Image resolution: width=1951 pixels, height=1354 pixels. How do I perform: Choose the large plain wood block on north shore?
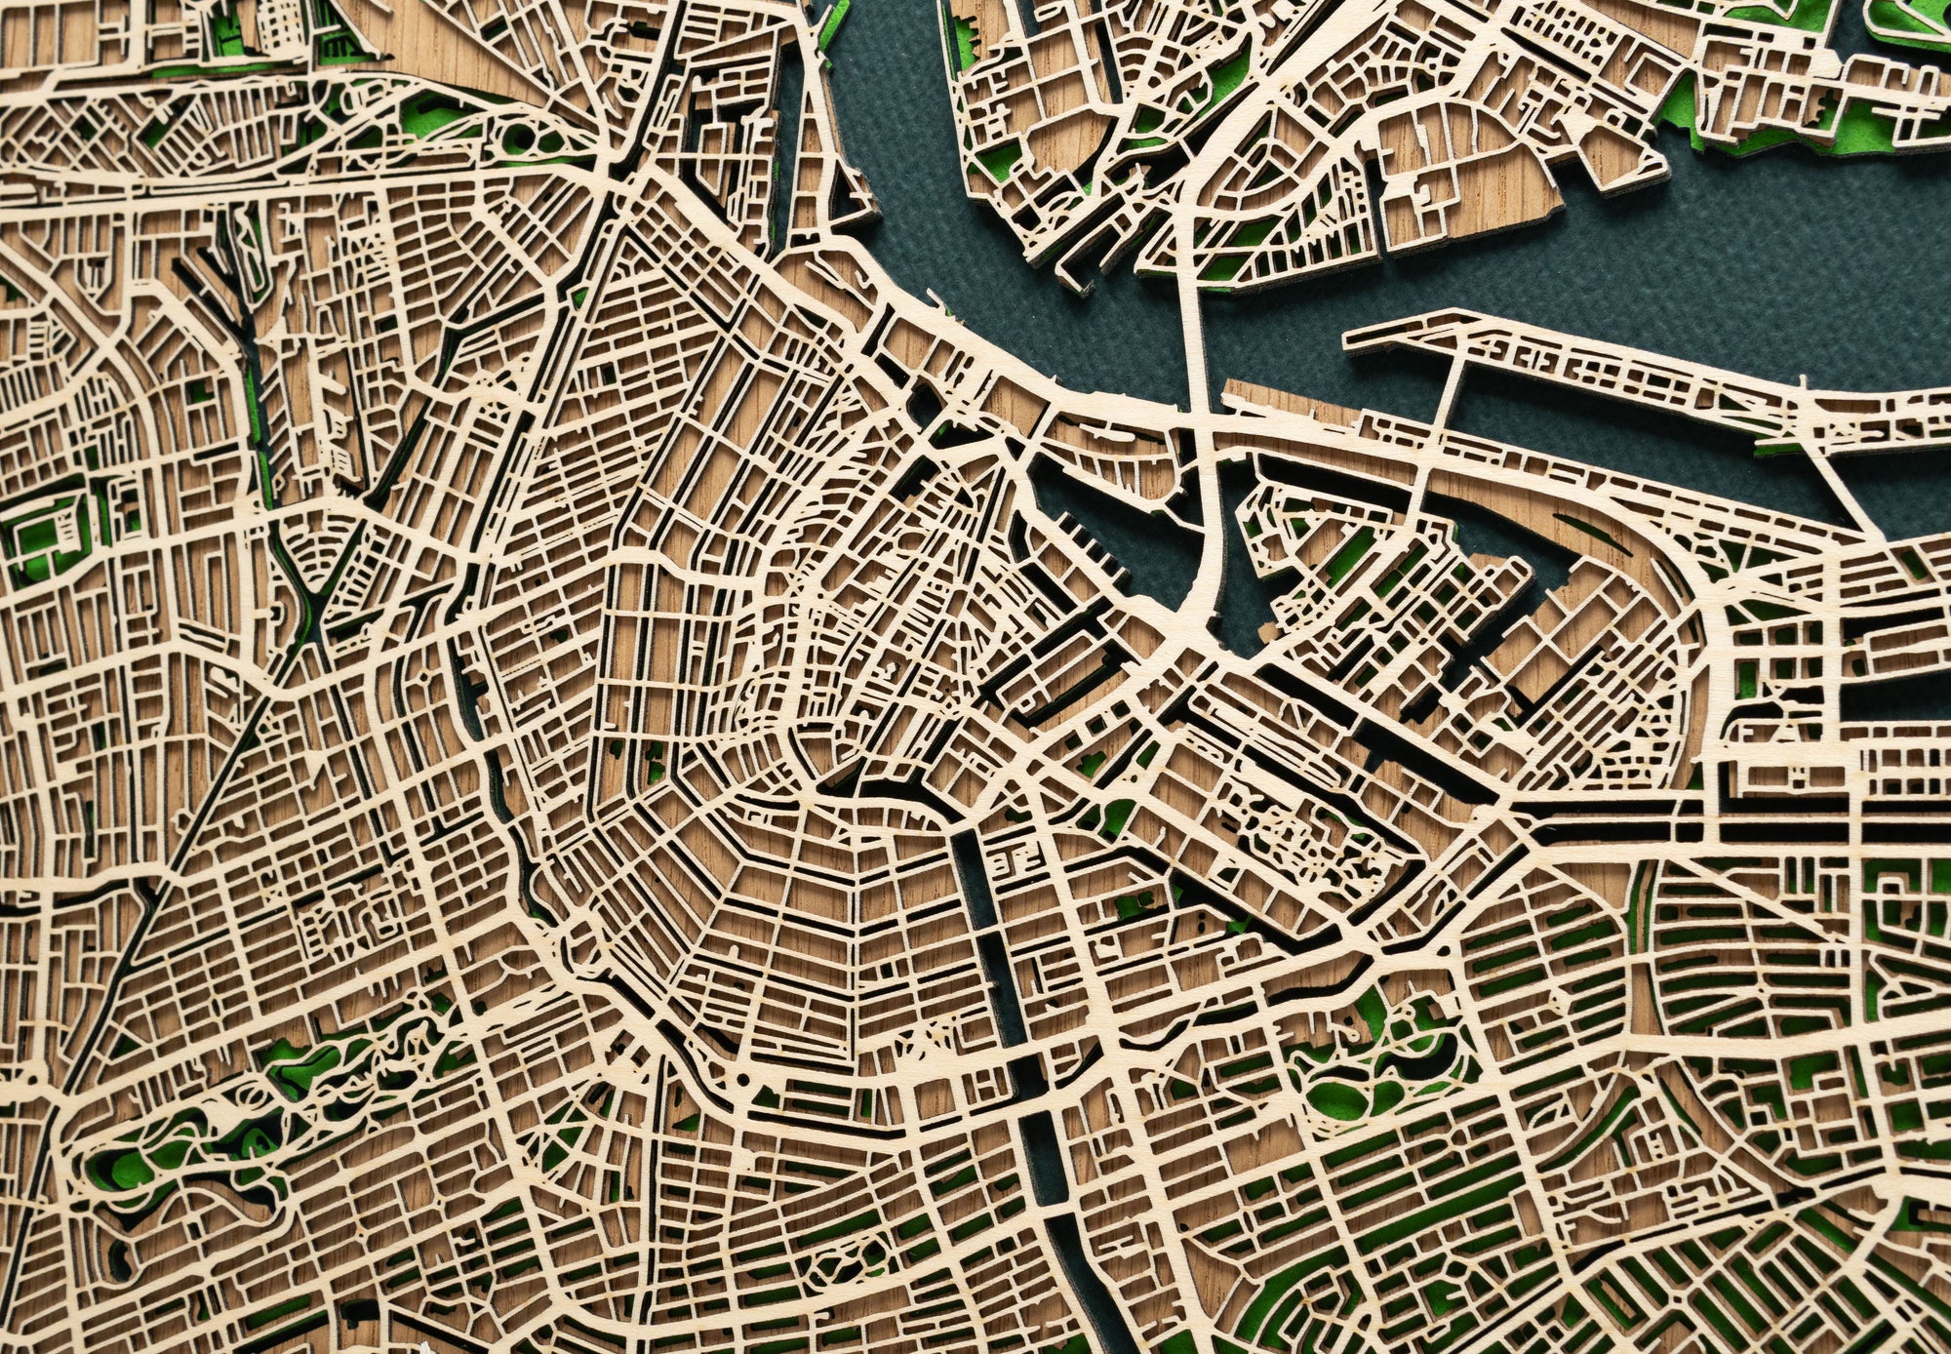pyautogui.click(x=1463, y=176)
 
